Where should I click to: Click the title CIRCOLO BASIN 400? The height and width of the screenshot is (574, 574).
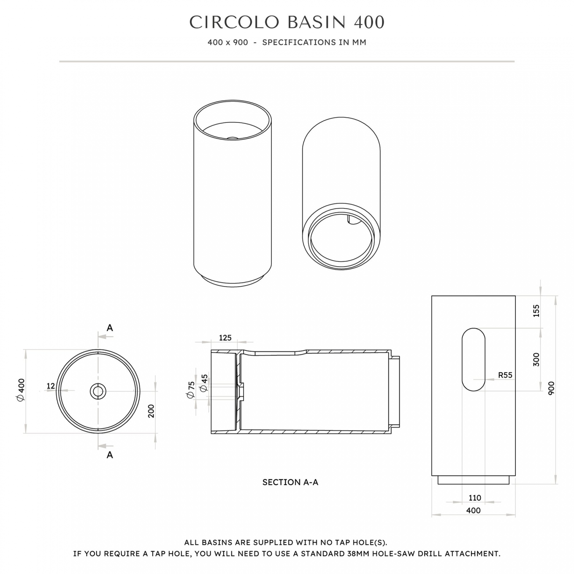point(287,22)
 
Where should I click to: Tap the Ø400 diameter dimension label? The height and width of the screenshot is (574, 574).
point(21,390)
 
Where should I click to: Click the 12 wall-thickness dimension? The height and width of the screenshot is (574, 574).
point(51,386)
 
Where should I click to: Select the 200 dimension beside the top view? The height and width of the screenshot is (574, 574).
point(152,411)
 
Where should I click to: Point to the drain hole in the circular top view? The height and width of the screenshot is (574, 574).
point(98,391)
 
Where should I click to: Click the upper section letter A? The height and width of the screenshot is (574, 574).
point(110,328)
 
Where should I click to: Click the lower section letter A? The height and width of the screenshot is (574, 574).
point(110,455)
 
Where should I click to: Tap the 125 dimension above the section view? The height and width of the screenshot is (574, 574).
point(225,338)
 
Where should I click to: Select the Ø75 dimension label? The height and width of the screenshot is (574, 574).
point(191,389)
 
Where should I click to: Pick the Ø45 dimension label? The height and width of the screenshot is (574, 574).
point(204,383)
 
